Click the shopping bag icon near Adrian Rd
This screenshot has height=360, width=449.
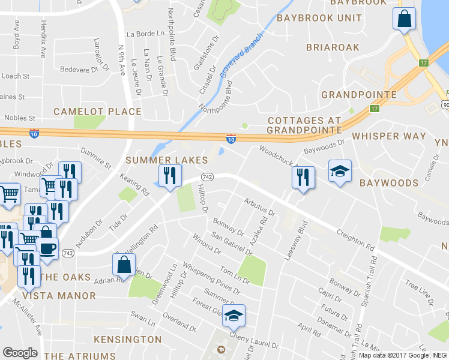(124, 265)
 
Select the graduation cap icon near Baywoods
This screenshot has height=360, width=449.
(340, 172)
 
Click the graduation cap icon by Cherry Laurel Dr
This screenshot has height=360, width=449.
(234, 315)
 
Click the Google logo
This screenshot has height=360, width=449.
(20, 352)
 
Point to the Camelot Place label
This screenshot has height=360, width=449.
(97, 112)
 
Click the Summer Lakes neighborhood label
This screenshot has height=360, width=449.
(167, 160)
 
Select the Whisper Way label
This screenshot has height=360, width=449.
(389, 136)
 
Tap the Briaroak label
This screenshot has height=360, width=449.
(333, 47)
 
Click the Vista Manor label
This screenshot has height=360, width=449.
(59, 296)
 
